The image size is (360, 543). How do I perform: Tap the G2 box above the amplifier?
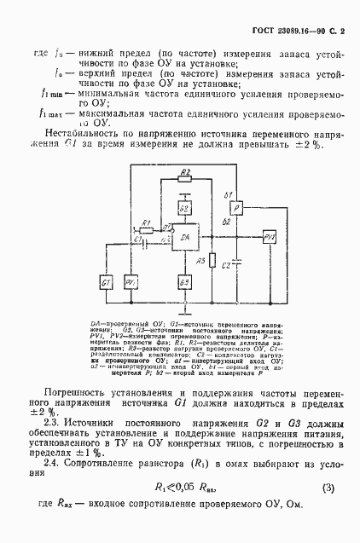tap(184, 209)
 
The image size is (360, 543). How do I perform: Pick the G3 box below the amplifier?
tap(184, 281)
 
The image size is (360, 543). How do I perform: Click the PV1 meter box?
tap(131, 282)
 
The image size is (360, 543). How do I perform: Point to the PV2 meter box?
tap(270, 236)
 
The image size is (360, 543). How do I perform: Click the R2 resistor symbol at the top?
tap(185, 175)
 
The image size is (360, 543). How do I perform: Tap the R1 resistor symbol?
tap(146, 231)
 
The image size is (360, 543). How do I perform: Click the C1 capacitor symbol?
tap(144, 242)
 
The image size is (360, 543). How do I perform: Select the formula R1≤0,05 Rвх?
tap(182, 488)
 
